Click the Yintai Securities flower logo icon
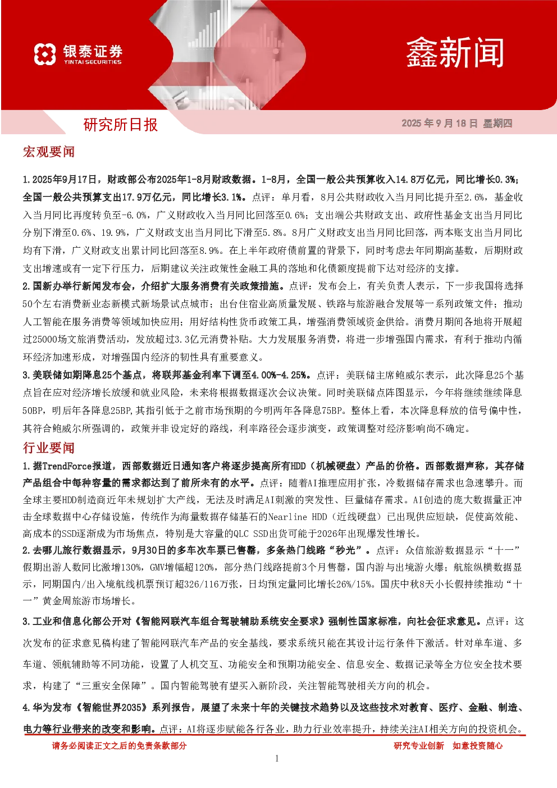[x=45, y=54]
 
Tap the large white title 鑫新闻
[x=455, y=53]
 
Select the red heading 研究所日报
[x=121, y=125]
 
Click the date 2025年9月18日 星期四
[x=457, y=123]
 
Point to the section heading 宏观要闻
[x=48, y=152]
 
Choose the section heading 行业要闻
[x=48, y=448]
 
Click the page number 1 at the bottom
[x=277, y=758]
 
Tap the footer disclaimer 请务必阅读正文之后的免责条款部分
[x=119, y=745]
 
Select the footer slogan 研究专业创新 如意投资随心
[x=448, y=745]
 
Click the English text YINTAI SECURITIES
[x=93, y=62]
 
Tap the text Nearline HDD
[x=298, y=517]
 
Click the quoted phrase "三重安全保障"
[x=114, y=686]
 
